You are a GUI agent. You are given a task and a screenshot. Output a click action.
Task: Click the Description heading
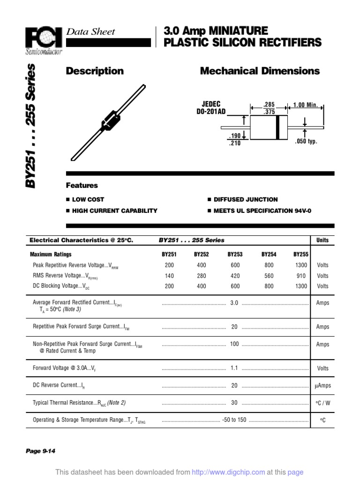pyautogui.click(x=95, y=71)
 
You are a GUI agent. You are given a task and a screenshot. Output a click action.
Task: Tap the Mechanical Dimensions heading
pyautogui.click(x=260, y=71)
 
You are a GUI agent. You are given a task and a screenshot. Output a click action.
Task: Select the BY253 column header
pyautogui.click(x=235, y=255)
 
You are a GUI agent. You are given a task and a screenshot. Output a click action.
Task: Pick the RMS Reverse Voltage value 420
pyautogui.click(x=235, y=276)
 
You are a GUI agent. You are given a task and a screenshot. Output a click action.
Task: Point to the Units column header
pyautogui.click(x=322, y=240)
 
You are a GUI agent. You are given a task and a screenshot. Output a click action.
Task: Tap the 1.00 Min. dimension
pyautogui.click(x=306, y=105)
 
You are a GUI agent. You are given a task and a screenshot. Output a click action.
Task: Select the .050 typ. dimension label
pyautogui.click(x=306, y=142)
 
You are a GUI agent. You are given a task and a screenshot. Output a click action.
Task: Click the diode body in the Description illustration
pyautogui.click(x=111, y=120)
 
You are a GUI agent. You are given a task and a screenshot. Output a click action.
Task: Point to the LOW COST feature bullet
pyautogui.click(x=88, y=200)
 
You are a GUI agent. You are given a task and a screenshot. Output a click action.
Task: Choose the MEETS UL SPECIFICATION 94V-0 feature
pyautogui.click(x=262, y=211)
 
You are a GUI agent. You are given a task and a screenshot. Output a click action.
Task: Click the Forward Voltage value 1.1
pyautogui.click(x=234, y=368)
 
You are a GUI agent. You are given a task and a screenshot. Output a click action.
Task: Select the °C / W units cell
pyautogui.click(x=322, y=403)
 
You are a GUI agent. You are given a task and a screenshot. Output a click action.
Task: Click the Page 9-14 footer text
pyautogui.click(x=41, y=451)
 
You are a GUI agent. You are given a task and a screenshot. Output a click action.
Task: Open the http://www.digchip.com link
pyautogui.click(x=229, y=472)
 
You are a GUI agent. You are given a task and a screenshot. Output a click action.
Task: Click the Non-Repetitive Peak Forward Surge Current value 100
pyautogui.click(x=234, y=344)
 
